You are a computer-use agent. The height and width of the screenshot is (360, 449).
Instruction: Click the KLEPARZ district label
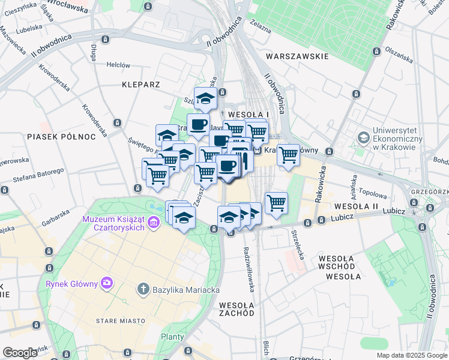[x=140, y=85]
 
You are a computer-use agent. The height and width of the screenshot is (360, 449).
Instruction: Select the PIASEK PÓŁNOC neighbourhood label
[x=61, y=137]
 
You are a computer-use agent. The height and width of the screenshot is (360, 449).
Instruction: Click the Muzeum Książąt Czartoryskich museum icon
[x=153, y=223]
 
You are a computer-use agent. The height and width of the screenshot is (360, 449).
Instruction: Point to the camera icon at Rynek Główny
[x=107, y=282]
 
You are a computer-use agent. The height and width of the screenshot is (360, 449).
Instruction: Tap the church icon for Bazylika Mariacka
[x=143, y=289]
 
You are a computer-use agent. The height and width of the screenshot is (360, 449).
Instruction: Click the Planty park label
[x=172, y=337]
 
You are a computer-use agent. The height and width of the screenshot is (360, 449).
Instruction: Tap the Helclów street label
[x=118, y=65]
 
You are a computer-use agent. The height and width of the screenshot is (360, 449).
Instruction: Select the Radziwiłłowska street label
[x=247, y=266]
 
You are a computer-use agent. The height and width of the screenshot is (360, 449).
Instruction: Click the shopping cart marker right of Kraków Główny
[x=289, y=155]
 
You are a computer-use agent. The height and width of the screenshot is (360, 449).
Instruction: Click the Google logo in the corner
[x=20, y=353]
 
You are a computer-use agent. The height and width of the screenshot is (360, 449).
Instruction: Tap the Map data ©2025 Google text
[x=411, y=355]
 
